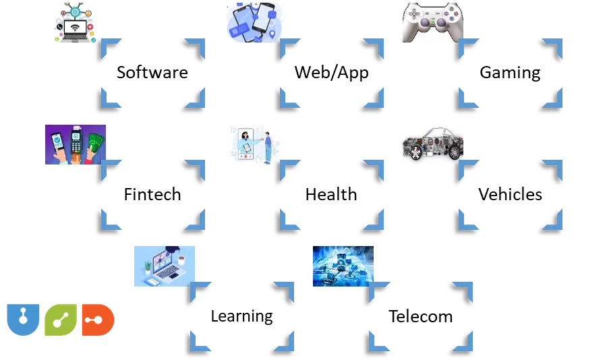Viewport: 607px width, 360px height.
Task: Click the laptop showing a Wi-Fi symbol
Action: click(x=76, y=32)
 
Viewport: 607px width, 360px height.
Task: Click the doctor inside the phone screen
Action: click(x=243, y=142)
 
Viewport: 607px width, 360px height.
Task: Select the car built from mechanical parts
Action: click(x=434, y=143)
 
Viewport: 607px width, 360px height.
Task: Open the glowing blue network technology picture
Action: click(x=341, y=266)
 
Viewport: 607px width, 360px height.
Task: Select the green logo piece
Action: click(x=59, y=322)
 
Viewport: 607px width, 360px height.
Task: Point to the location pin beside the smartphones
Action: click(x=271, y=33)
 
